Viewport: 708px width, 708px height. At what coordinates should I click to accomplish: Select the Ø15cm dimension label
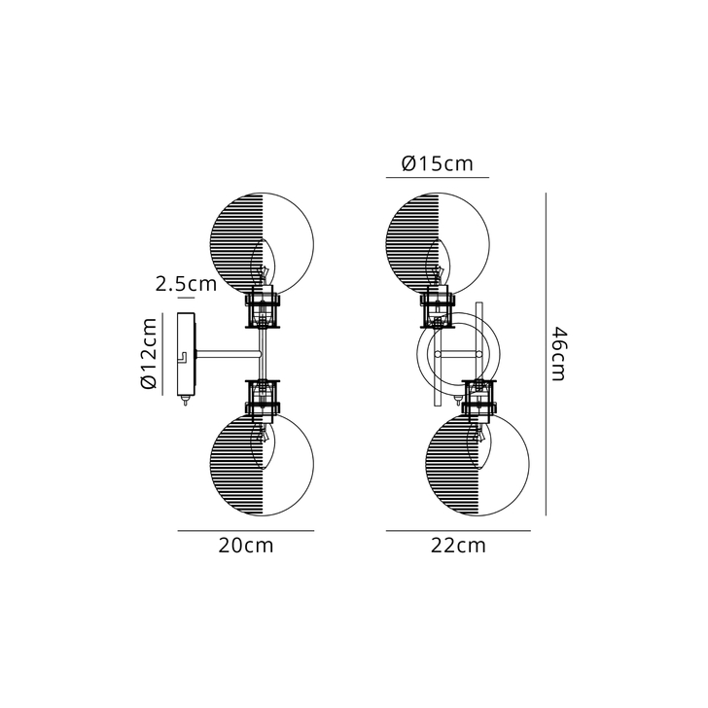point(437,163)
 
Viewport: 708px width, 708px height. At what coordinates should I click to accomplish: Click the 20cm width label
point(245,546)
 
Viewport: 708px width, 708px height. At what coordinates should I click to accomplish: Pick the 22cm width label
point(457,546)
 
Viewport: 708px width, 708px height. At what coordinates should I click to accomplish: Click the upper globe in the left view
point(263,243)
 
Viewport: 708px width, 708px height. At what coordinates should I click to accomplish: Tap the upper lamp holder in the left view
point(263,310)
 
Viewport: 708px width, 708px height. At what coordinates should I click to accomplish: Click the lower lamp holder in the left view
point(263,397)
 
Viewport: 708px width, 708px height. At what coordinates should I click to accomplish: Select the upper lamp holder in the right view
point(438,310)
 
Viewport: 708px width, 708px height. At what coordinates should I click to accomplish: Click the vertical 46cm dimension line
point(546,354)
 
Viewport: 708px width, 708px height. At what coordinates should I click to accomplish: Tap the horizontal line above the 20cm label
point(245,530)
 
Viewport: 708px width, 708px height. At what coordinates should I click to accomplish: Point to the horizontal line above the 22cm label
point(457,530)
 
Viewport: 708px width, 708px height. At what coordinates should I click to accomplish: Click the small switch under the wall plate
point(185,401)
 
